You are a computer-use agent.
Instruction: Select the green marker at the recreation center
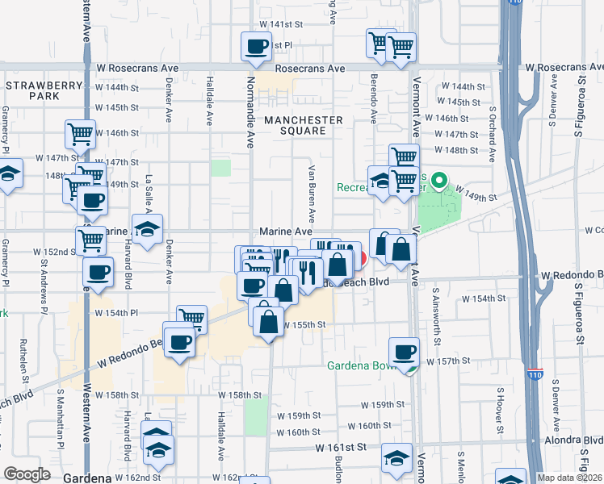(x=439, y=181)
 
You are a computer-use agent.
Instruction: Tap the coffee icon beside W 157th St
(x=404, y=351)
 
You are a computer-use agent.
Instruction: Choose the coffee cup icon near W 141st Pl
(x=256, y=46)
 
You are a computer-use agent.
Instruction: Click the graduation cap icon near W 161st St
(x=396, y=458)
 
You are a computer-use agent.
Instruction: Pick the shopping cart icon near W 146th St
(x=80, y=134)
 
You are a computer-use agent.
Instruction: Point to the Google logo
(x=27, y=474)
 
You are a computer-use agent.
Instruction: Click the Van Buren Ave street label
(x=311, y=194)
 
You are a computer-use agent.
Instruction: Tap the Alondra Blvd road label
(x=574, y=440)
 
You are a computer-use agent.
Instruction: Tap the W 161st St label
(x=342, y=446)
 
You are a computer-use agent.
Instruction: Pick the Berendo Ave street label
(x=374, y=102)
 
